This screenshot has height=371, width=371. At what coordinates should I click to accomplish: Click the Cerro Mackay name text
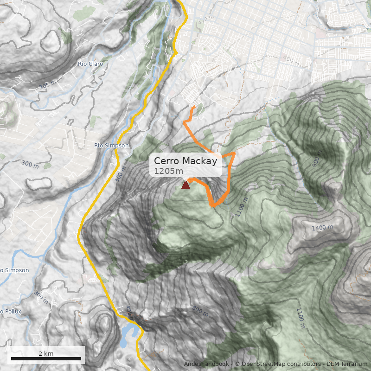[185, 161]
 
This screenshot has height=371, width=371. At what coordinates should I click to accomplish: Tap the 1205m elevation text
[168, 171]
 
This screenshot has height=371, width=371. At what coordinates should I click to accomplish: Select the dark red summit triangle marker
[185, 185]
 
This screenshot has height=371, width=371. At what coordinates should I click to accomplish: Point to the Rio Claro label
[90, 64]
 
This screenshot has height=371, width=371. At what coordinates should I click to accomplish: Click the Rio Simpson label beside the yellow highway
[111, 146]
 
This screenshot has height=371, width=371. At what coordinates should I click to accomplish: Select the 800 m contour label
[200, 311]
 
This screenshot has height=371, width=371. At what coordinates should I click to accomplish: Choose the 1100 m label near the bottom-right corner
[301, 318]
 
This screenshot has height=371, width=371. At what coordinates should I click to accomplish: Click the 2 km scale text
[46, 353]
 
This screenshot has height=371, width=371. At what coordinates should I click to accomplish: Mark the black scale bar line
[46, 358]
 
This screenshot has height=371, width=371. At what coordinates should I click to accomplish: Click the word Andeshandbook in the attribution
[206, 364]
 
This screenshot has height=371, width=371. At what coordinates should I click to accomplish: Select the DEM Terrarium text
[347, 364]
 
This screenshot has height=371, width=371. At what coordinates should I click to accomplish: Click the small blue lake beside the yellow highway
[128, 334]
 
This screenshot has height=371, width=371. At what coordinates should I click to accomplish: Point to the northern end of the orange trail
[194, 107]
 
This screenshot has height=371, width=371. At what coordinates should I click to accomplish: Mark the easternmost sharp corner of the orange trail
[235, 153]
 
